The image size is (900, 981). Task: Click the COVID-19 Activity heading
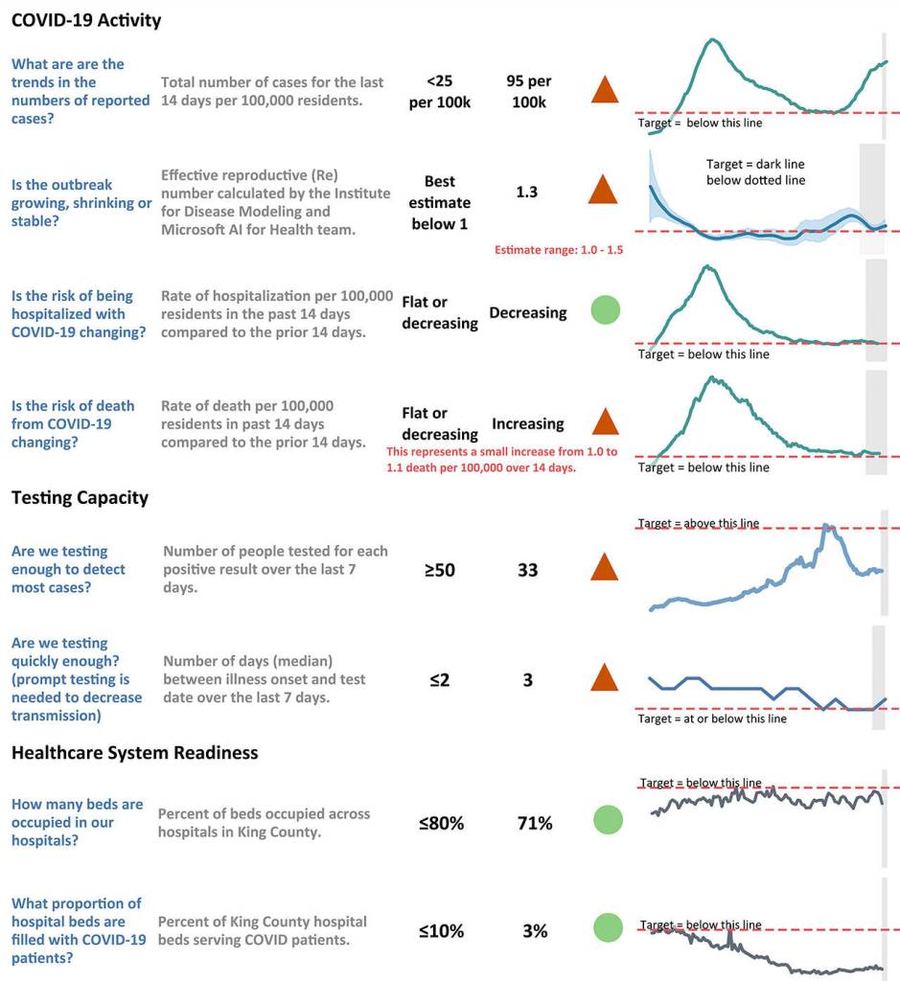86,20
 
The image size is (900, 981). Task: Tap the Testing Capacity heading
80,497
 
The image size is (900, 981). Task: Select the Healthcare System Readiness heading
134,752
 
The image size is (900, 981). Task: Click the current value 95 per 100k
528,91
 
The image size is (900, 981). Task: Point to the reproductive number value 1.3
526,192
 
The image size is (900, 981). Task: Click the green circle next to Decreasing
604,310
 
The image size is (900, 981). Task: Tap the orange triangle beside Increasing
604,422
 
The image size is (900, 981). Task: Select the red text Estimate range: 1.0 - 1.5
559,250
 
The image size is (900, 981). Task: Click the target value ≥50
440,570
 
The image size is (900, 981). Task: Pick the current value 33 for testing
527,570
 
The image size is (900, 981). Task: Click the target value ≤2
440,680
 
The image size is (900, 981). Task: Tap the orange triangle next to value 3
604,678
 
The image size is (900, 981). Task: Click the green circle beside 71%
607,820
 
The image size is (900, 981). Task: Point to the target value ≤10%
441,930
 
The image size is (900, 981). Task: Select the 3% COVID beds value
535,930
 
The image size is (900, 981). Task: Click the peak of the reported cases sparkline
711,39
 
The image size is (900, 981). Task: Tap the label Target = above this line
699,523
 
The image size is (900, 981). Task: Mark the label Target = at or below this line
712,719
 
